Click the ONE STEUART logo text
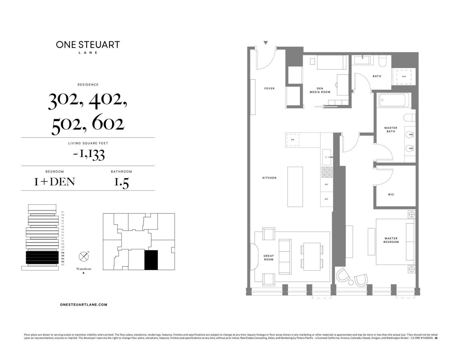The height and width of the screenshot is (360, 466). coord(88,45)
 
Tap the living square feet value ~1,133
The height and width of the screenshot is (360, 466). coord(89,154)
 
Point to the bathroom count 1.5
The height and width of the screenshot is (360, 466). coord(121,183)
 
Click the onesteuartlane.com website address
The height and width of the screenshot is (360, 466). coord(84,305)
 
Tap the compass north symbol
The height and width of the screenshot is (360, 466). coord(83,257)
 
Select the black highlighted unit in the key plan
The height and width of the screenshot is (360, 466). coord(151,260)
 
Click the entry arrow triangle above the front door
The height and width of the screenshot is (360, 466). coord(266,43)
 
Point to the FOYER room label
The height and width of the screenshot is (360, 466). coord(269,89)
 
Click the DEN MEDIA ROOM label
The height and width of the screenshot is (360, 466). coord(320,90)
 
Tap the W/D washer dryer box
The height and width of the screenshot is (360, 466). coord(404,77)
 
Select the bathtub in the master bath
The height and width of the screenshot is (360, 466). coord(392,100)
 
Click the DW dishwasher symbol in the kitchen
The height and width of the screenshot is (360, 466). coord(292,140)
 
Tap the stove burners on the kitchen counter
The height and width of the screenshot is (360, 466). coord(327,172)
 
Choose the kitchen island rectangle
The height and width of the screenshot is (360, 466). coord(295,187)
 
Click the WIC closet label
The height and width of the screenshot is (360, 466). coord(391,195)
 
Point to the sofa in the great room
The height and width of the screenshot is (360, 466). coord(285,257)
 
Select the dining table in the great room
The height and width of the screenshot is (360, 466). coord(312,257)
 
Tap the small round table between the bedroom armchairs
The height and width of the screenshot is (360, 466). coord(351,282)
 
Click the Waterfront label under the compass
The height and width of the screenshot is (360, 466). coord(84,269)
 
